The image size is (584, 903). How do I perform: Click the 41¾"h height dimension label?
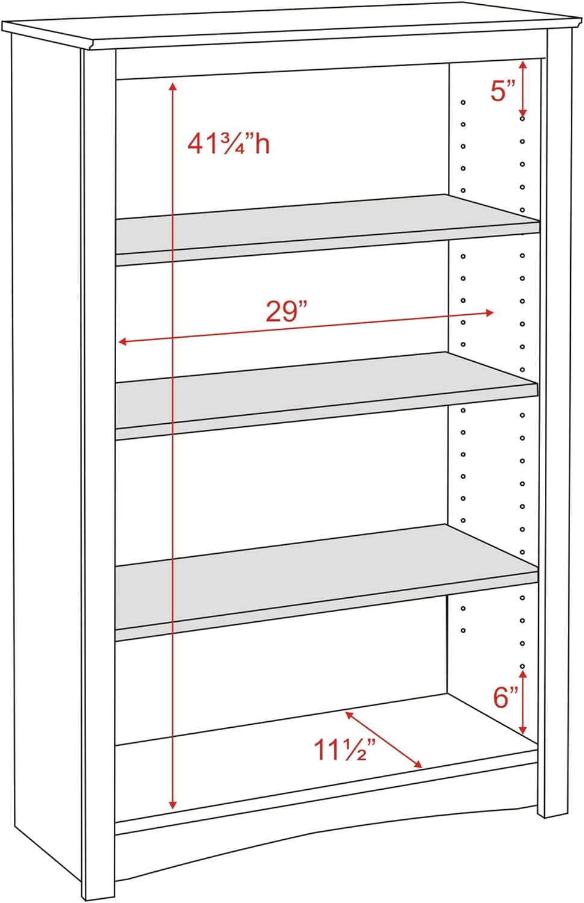[228, 144]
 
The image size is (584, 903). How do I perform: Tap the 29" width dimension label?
[287, 312]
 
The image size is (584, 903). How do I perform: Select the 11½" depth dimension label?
[344, 750]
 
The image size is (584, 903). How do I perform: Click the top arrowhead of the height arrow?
[173, 84]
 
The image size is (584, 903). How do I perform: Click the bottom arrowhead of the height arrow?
[173, 805]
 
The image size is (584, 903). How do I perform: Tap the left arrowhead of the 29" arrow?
[121, 342]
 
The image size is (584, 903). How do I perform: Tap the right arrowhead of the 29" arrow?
[491, 312]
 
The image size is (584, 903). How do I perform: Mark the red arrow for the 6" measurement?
[524, 701]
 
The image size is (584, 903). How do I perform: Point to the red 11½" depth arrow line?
[384, 739]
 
